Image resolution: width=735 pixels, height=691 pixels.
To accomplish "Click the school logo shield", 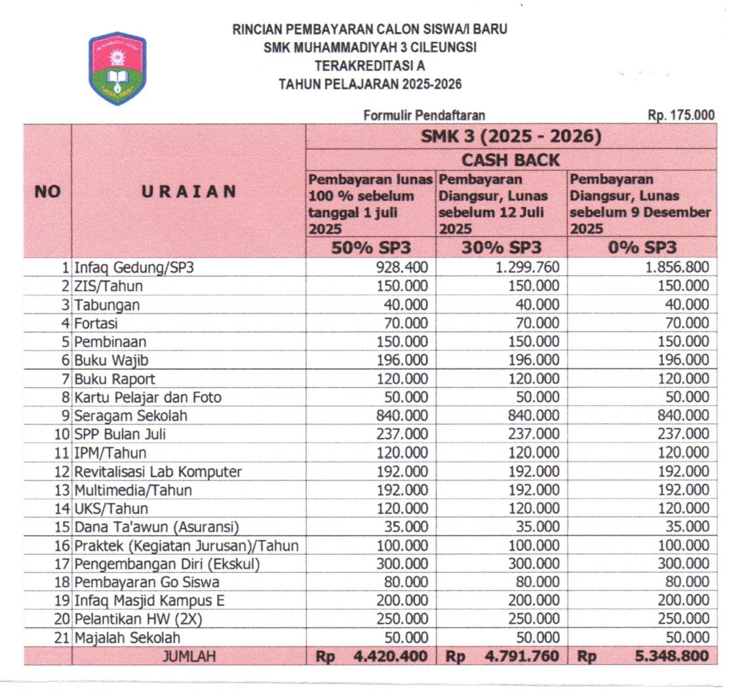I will coord(117,69).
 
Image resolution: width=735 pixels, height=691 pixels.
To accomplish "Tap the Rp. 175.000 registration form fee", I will coord(681,115).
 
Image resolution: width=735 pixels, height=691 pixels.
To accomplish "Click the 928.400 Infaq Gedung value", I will coord(402,267).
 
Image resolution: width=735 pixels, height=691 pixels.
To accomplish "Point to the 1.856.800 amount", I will coord(676,267).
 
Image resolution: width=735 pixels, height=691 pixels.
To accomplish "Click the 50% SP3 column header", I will coord(370,248).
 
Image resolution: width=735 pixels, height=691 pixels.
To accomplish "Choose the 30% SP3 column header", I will coord(502,248).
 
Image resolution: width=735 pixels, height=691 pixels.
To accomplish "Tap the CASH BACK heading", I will coord(511,160).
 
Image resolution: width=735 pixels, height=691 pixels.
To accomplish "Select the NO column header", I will coord(47,191).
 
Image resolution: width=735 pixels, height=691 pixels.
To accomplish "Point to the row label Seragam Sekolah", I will coord(131,416).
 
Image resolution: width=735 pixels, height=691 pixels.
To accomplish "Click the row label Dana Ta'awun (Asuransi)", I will coord(157,527).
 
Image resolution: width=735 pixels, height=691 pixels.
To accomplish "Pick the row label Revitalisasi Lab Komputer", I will coord(158,472).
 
